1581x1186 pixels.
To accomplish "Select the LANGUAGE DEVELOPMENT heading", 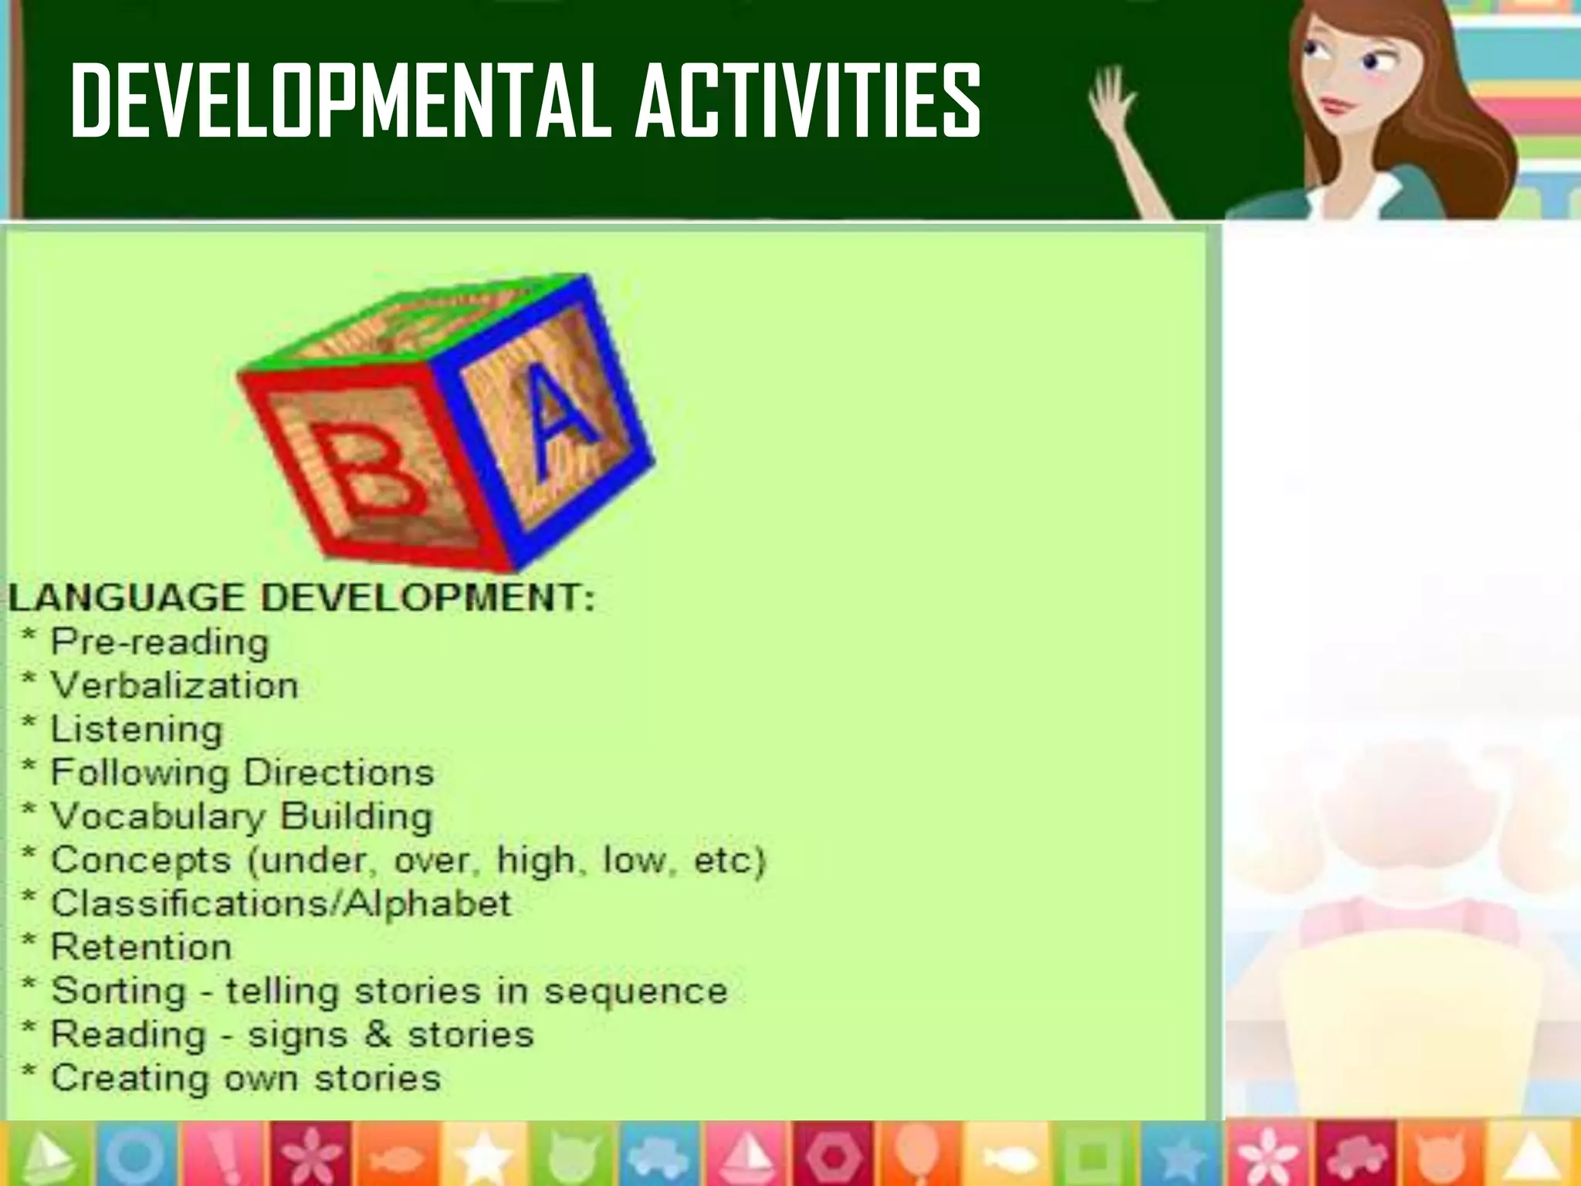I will pyautogui.click(x=302, y=598).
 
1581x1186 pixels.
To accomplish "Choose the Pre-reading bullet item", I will pyautogui.click(x=159, y=642).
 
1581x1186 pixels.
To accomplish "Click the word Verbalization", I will pyautogui.click(x=174, y=686).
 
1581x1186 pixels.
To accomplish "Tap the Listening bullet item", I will pyautogui.click(x=136, y=729).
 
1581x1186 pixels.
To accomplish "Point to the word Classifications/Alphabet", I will pyautogui.click(x=280, y=903).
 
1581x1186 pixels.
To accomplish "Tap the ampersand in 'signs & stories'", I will pyautogui.click(x=377, y=1035).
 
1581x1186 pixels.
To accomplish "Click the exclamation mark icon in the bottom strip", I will pyautogui.click(x=224, y=1154).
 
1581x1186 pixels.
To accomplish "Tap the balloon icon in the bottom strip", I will pyautogui.click(x=919, y=1153).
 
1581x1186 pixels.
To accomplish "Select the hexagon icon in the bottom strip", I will pyautogui.click(x=831, y=1154).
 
